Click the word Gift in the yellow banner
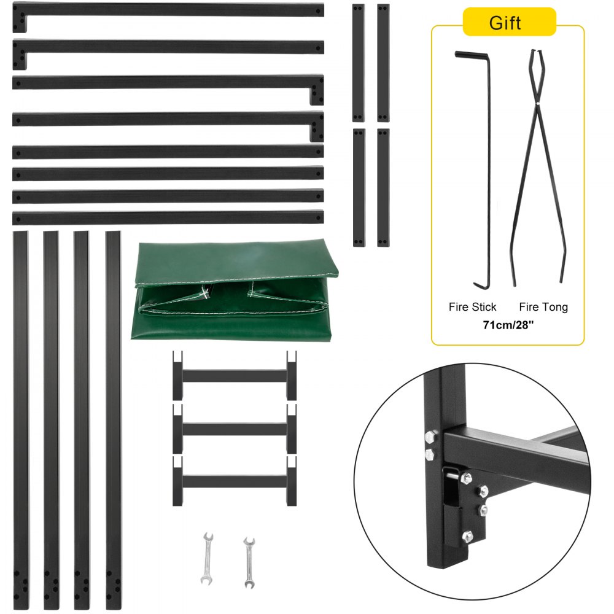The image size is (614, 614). [x=505, y=23]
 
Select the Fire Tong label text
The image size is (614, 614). [x=543, y=307]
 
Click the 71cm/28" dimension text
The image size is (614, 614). [x=508, y=325]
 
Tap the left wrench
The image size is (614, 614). [x=207, y=558]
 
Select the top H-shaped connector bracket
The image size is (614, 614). [x=235, y=375]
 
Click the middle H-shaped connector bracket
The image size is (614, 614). [x=235, y=429]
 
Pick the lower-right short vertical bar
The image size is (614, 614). [x=383, y=187]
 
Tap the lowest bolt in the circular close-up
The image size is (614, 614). [x=468, y=535]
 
